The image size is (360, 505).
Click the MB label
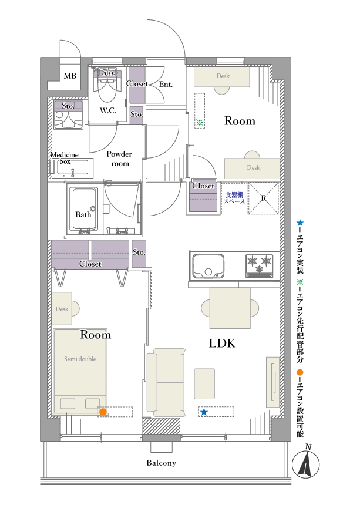coord(70,76)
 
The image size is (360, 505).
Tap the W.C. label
coord(108,111)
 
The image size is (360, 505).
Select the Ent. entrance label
coord(166,85)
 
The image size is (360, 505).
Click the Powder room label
coord(119,159)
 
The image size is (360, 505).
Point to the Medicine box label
coord(65,158)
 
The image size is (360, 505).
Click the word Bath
coord(83,214)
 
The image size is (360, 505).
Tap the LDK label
coord(222,344)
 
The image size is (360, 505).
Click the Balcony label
coord(162,463)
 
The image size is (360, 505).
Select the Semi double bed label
coord(80,359)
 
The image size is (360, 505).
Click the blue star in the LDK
coord(204,412)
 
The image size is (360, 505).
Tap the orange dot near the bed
coord(103,412)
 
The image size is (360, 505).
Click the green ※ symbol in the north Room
coord(200,122)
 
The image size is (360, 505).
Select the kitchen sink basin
coord(208,266)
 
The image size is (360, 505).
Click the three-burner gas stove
coord(259,266)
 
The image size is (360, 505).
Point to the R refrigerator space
coord(264,198)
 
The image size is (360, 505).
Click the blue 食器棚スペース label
coord(234,198)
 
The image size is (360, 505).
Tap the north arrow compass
coord(306,464)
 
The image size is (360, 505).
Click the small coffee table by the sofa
coord(204,384)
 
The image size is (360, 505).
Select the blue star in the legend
coord(300,223)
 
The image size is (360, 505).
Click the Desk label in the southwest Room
coord(62,309)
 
